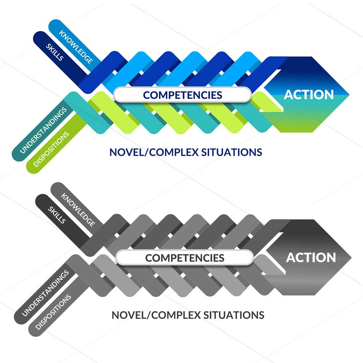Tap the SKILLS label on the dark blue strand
point(55,53)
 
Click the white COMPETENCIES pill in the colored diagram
point(182,95)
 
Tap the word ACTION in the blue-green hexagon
point(309,94)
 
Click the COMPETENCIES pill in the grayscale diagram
point(184,258)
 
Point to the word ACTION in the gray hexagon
point(311,257)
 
